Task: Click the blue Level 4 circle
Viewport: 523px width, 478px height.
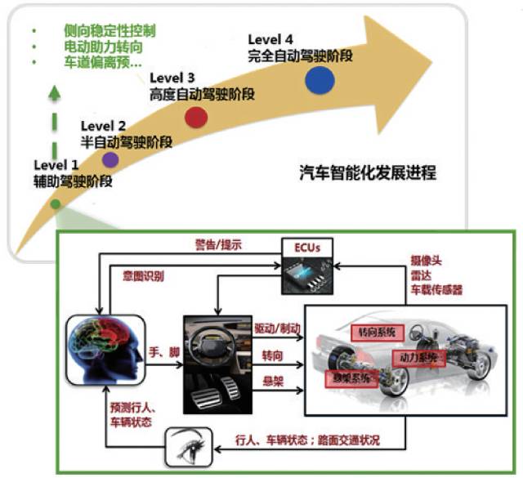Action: point(320,79)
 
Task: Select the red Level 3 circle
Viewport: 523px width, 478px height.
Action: point(195,117)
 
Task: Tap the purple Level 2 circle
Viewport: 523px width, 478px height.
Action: point(110,159)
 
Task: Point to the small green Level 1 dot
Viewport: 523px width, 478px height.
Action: point(55,203)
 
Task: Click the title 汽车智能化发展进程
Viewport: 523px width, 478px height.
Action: point(369,173)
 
